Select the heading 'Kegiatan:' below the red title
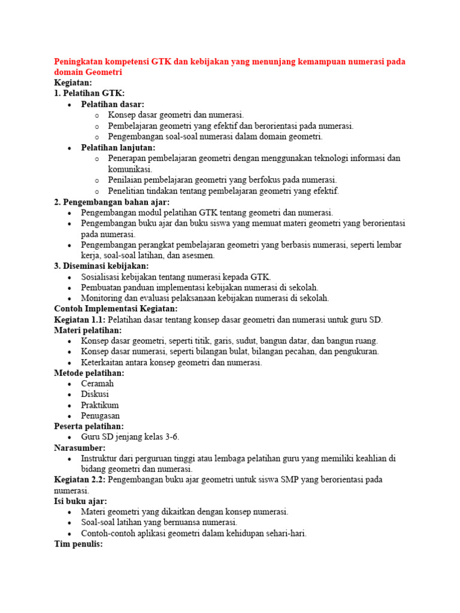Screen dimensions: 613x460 pyautogui.click(x=73, y=83)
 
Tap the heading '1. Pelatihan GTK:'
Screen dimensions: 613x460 pyautogui.click(x=89, y=93)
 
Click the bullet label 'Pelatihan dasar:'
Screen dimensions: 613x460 pyautogui.click(x=113, y=104)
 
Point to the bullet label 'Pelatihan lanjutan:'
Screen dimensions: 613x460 pyautogui.click(x=118, y=147)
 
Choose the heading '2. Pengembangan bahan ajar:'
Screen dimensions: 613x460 pyautogui.click(x=112, y=202)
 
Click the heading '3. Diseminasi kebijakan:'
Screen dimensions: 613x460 pyautogui.click(x=101, y=266)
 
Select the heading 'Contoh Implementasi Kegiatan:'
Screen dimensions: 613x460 pyautogui.click(x=116, y=309)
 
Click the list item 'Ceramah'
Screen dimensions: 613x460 pyautogui.click(x=98, y=384)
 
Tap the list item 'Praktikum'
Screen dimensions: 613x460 pyautogui.click(x=100, y=405)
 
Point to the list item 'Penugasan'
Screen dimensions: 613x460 pyautogui.click(x=101, y=415)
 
